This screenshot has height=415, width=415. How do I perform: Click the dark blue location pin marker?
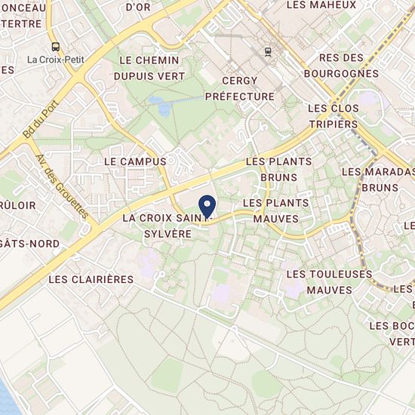point(207,204)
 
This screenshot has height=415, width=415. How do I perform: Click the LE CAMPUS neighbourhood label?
point(134,161)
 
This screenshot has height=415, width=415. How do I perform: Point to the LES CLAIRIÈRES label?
point(90,279)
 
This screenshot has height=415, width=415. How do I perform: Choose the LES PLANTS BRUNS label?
point(278,170)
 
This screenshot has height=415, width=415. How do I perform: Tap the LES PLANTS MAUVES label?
point(275,211)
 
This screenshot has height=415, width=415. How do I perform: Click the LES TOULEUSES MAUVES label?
point(320,282)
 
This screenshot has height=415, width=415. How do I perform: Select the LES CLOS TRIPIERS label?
point(334,116)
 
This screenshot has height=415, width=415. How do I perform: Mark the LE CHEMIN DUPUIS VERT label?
point(149,67)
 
